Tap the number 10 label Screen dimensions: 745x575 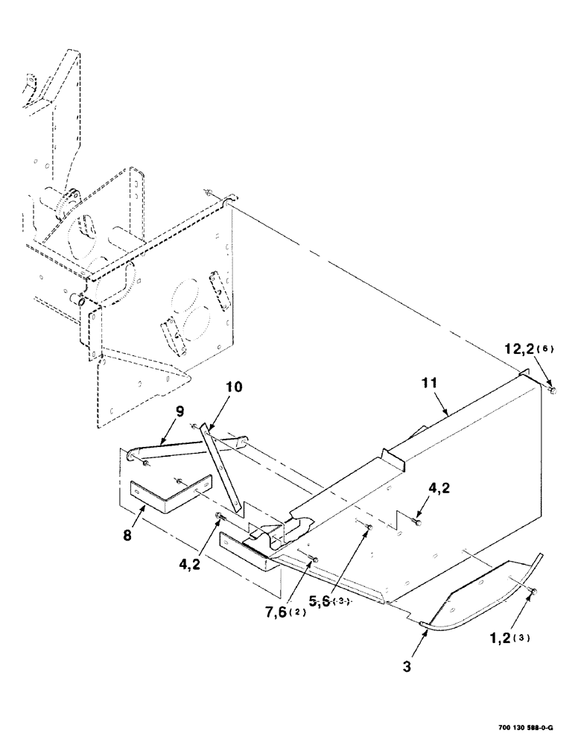tap(235, 387)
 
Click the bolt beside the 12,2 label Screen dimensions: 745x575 tap(551, 389)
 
